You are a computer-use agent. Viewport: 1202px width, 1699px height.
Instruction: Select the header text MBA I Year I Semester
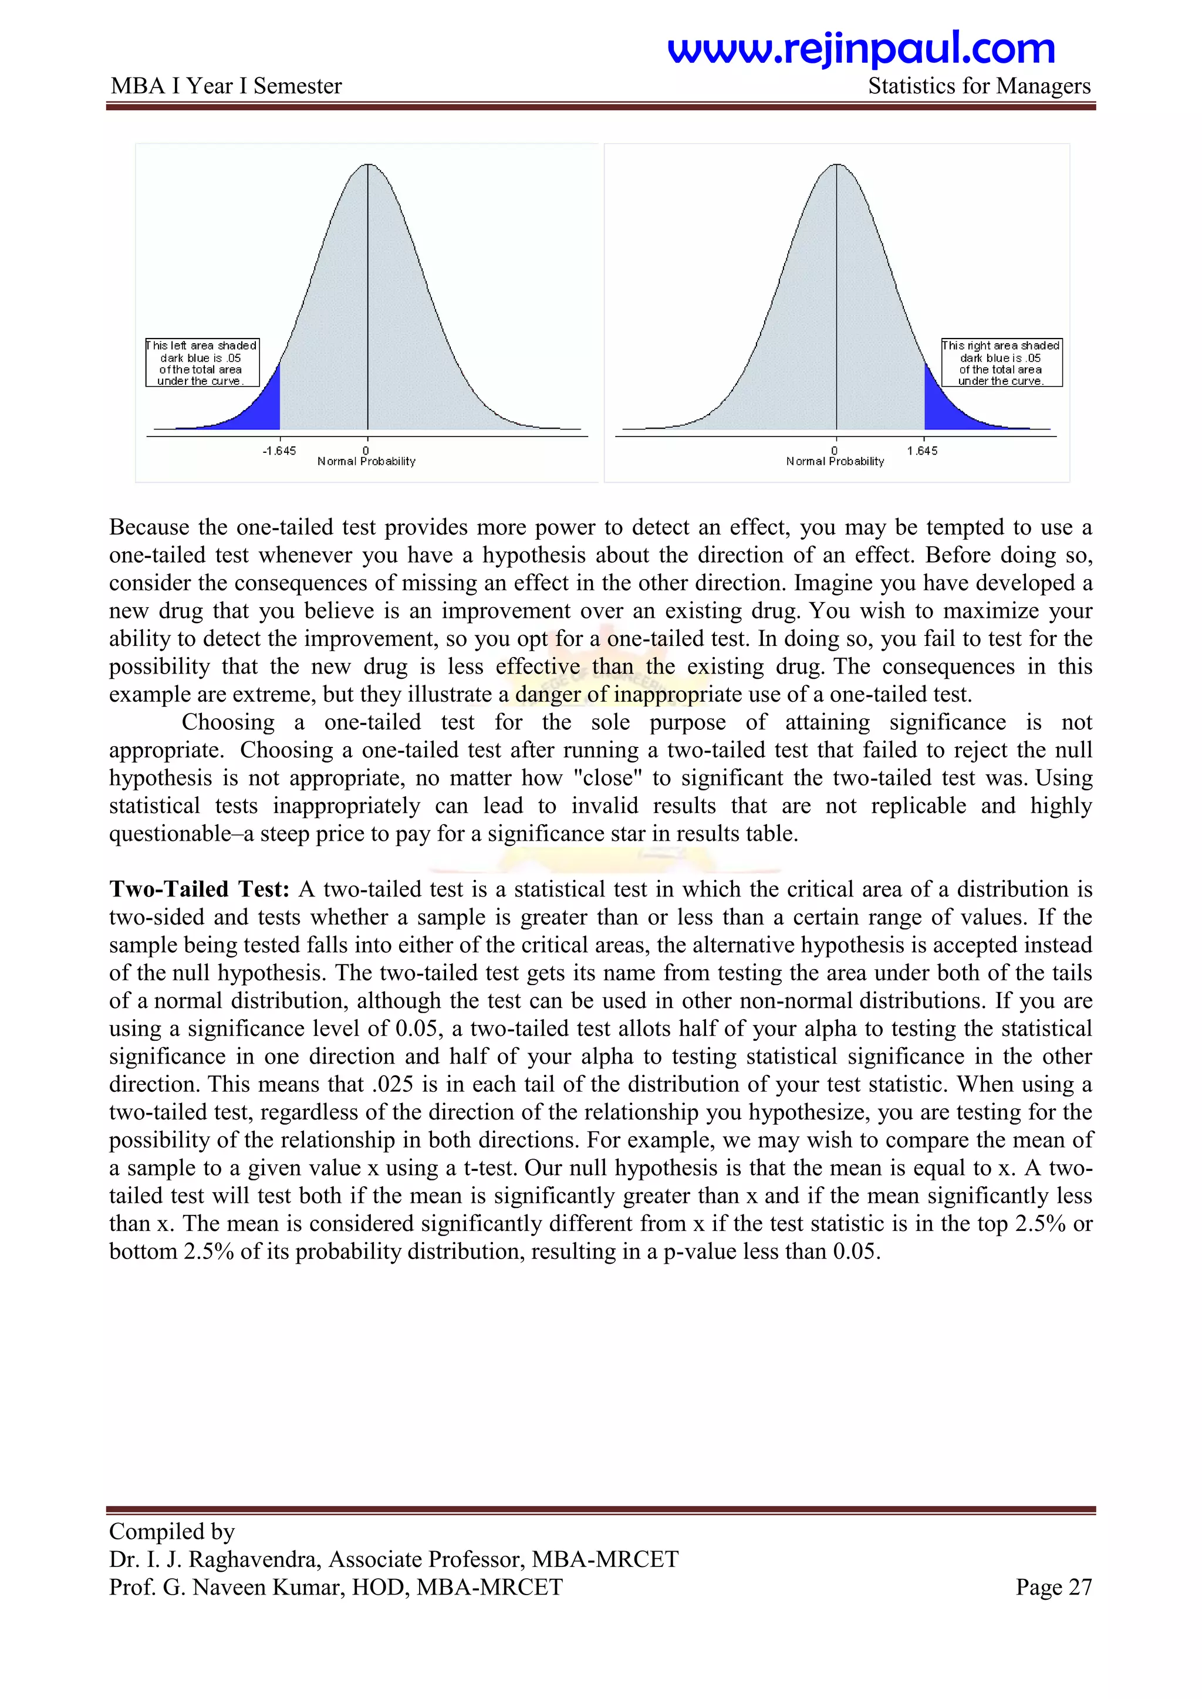click(x=226, y=87)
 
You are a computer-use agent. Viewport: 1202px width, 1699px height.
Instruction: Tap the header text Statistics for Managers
click(x=978, y=87)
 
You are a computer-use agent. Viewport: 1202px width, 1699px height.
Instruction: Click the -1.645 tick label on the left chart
click(x=279, y=451)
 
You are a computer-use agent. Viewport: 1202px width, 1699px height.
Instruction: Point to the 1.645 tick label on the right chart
click(x=921, y=451)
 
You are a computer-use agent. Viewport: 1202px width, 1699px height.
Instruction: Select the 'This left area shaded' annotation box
click(x=202, y=363)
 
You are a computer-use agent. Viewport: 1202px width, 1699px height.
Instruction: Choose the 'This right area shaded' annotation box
click(x=1001, y=363)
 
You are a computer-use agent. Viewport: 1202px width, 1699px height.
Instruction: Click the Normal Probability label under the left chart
click(x=366, y=462)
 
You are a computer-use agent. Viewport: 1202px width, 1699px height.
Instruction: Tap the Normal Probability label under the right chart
click(x=835, y=462)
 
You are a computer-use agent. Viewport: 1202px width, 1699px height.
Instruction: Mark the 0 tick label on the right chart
click(x=835, y=451)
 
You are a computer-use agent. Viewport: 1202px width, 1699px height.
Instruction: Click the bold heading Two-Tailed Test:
click(x=199, y=889)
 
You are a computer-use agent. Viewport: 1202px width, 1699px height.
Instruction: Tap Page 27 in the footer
click(x=1054, y=1588)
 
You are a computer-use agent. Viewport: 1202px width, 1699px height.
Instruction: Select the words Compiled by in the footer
click(x=172, y=1531)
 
